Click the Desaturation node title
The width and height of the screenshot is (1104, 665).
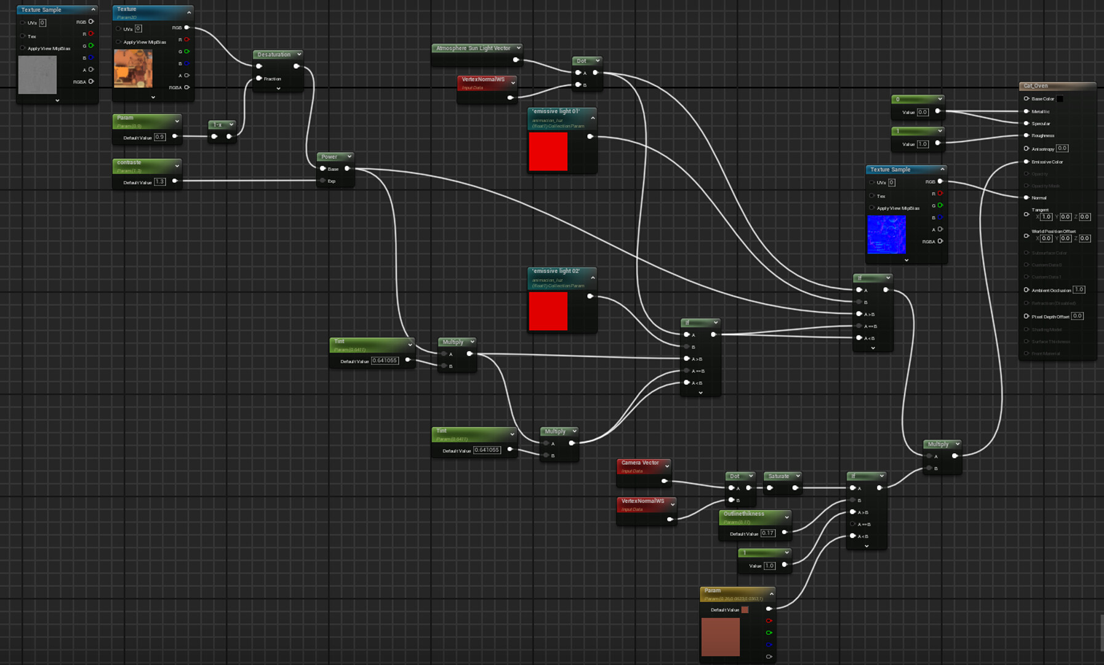coord(274,55)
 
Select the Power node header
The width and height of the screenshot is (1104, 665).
coord(330,157)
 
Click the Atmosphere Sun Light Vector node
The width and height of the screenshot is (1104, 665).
coord(473,48)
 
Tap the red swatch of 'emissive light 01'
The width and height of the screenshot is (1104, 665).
coord(548,151)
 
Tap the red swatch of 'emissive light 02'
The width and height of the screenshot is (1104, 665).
coord(548,311)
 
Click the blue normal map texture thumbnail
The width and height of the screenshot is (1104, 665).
coord(886,235)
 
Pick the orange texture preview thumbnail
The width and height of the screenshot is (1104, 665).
coord(133,68)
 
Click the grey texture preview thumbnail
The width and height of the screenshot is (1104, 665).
coord(37,75)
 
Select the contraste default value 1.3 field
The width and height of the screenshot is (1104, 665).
coord(160,182)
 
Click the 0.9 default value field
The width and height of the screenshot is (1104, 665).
coord(160,137)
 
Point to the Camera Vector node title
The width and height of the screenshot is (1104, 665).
coord(640,463)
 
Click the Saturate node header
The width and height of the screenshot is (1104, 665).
coord(778,476)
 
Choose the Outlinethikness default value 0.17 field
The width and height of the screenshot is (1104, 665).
coord(767,533)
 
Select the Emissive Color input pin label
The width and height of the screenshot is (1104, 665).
coord(1047,162)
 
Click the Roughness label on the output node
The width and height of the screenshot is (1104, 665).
coord(1042,135)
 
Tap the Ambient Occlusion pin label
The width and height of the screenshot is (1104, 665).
coord(1051,290)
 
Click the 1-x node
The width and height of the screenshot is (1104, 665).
coord(218,125)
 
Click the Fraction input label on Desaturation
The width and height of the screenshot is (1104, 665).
coord(272,79)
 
